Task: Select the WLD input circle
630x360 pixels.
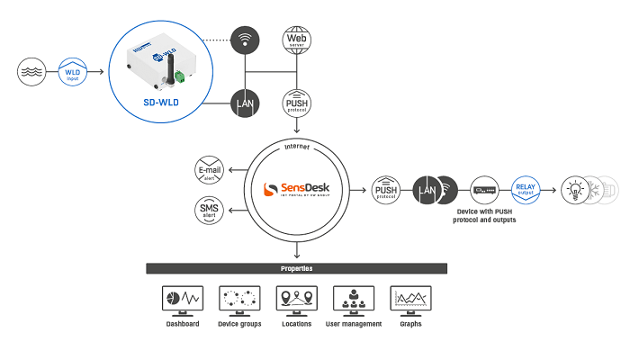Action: [74, 71]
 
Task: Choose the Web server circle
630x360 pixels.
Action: [297, 40]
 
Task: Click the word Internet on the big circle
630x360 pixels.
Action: [297, 145]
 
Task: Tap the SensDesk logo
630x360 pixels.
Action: [297, 190]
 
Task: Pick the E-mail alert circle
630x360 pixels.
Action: [210, 171]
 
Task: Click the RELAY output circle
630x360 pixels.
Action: [525, 190]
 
